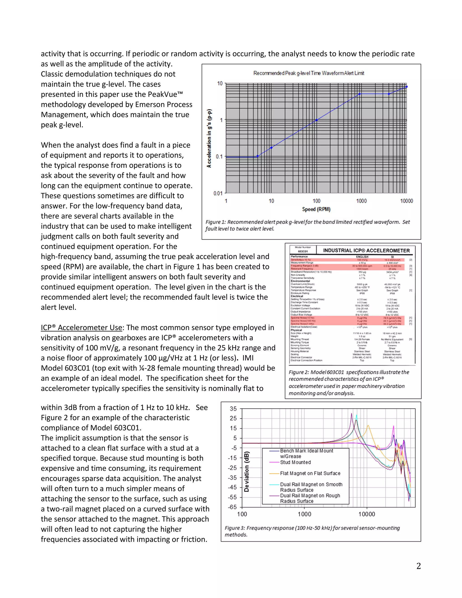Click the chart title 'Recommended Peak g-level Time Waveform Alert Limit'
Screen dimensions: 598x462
pos(308,73)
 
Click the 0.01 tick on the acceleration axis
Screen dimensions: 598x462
pos(218,193)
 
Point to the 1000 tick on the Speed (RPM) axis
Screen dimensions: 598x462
pos(361,201)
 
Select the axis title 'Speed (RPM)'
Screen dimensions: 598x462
pos(316,209)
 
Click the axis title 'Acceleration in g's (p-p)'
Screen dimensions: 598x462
pos(209,138)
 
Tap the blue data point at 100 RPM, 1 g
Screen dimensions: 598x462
pos(316,120)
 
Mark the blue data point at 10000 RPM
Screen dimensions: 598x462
pos(407,87)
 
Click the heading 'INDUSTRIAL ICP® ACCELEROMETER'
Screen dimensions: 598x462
pos(366,250)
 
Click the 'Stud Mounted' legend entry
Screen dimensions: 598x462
pos(295,462)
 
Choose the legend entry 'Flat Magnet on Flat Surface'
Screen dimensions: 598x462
pos(310,473)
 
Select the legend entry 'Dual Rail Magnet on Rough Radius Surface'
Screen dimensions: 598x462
pos(310,498)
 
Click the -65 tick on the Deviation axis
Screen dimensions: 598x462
pos(232,507)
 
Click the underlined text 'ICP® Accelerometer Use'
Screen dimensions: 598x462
pos(81,327)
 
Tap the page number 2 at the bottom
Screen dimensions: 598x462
pos(418,566)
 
